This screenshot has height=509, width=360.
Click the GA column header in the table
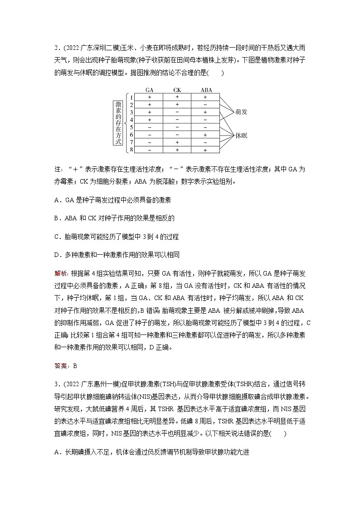coord(149,90)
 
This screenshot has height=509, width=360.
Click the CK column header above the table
coord(177,90)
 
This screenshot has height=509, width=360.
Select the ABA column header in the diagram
coord(205,90)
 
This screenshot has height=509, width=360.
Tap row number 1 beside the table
coord(131,97)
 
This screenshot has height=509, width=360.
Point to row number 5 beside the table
coord(131,127)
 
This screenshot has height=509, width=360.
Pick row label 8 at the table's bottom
coord(131,150)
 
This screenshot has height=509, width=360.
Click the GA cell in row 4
coord(149,120)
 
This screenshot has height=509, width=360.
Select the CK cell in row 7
coord(177,142)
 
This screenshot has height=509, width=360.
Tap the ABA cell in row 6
coord(205,135)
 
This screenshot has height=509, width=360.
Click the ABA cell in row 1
coord(205,97)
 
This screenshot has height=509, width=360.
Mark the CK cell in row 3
coord(177,112)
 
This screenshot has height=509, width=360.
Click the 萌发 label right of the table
coord(241,111)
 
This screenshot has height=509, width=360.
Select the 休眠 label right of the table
coord(241,135)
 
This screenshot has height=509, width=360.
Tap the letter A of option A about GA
coord(56,200)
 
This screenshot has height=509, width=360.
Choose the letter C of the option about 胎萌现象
coord(56,236)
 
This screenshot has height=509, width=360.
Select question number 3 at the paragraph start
coord(56,385)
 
